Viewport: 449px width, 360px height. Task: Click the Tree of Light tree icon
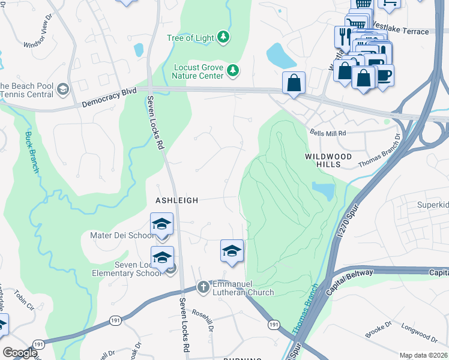[223, 38]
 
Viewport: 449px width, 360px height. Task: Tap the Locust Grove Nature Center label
[197, 71]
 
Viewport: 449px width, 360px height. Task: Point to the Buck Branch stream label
[31, 151]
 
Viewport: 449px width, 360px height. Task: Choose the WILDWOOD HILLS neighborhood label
[328, 160]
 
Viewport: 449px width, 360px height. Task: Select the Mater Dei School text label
[122, 235]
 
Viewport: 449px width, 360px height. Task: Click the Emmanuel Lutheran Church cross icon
[203, 286]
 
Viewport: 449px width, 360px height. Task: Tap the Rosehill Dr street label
[202, 323]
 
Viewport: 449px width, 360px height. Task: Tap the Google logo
[20, 353]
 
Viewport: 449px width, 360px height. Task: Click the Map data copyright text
[423, 355]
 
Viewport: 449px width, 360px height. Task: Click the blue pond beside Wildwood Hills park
[324, 191]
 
